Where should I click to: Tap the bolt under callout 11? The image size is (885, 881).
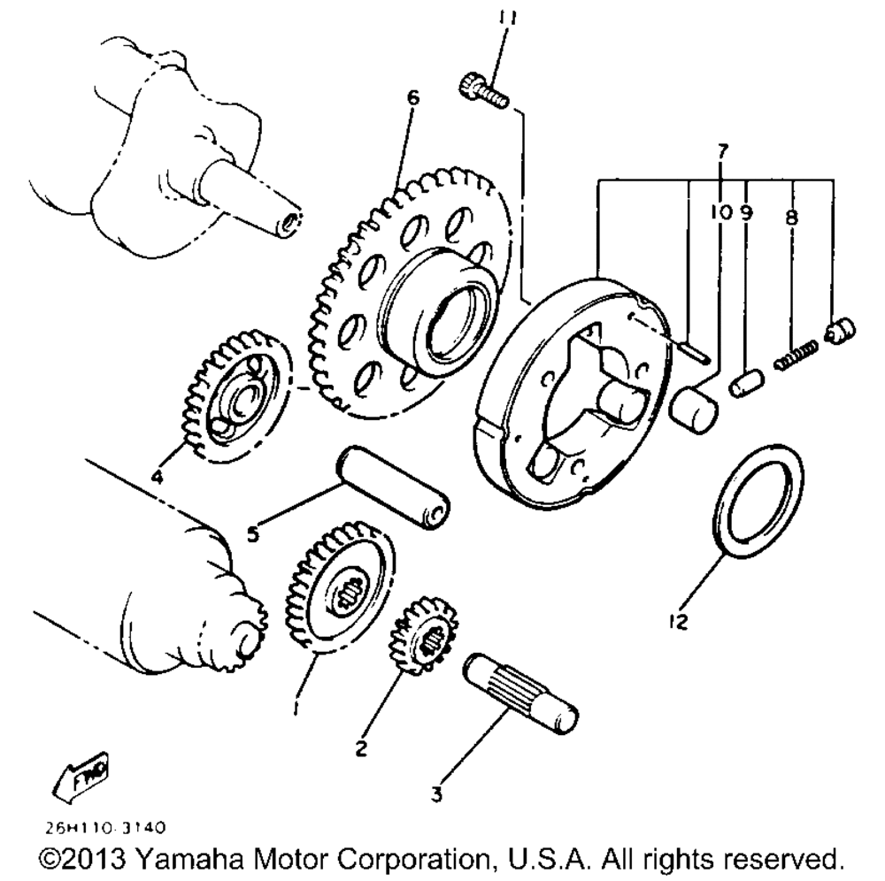[481, 90]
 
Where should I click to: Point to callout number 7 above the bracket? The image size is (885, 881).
[722, 150]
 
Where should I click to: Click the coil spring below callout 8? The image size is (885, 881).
[794, 356]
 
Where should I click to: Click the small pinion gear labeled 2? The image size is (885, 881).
[423, 634]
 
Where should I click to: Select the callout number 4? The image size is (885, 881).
[156, 478]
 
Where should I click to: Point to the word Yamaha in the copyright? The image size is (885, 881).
[191, 859]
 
